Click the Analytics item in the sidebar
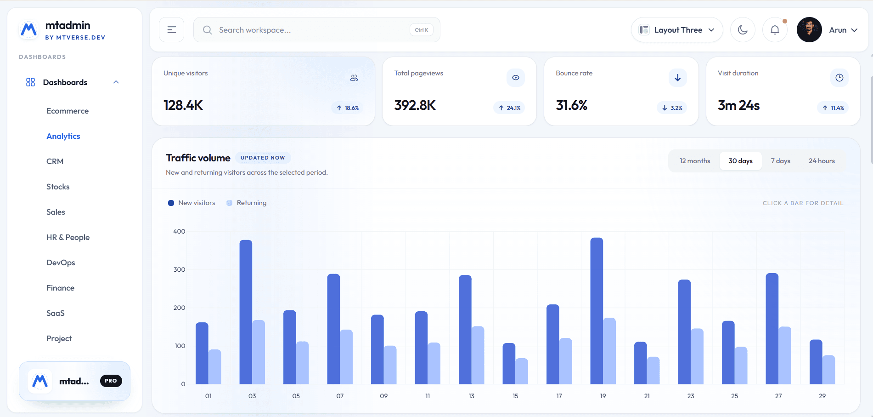click(x=63, y=136)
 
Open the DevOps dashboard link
click(x=61, y=263)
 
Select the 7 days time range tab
click(x=781, y=161)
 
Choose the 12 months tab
click(x=695, y=161)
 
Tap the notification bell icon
click(x=775, y=30)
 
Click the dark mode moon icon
click(x=743, y=30)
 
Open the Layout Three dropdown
click(x=677, y=30)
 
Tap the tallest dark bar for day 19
click(x=597, y=311)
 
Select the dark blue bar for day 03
click(x=246, y=312)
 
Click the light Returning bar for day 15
click(x=522, y=371)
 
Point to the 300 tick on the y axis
click(x=179, y=269)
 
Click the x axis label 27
click(x=778, y=396)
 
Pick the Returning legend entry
click(x=247, y=203)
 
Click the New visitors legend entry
click(x=191, y=203)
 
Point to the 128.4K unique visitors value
click(x=183, y=105)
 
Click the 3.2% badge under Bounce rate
click(x=672, y=108)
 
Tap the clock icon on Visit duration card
click(x=839, y=78)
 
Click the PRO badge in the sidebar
click(x=111, y=381)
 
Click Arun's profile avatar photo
click(x=809, y=30)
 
